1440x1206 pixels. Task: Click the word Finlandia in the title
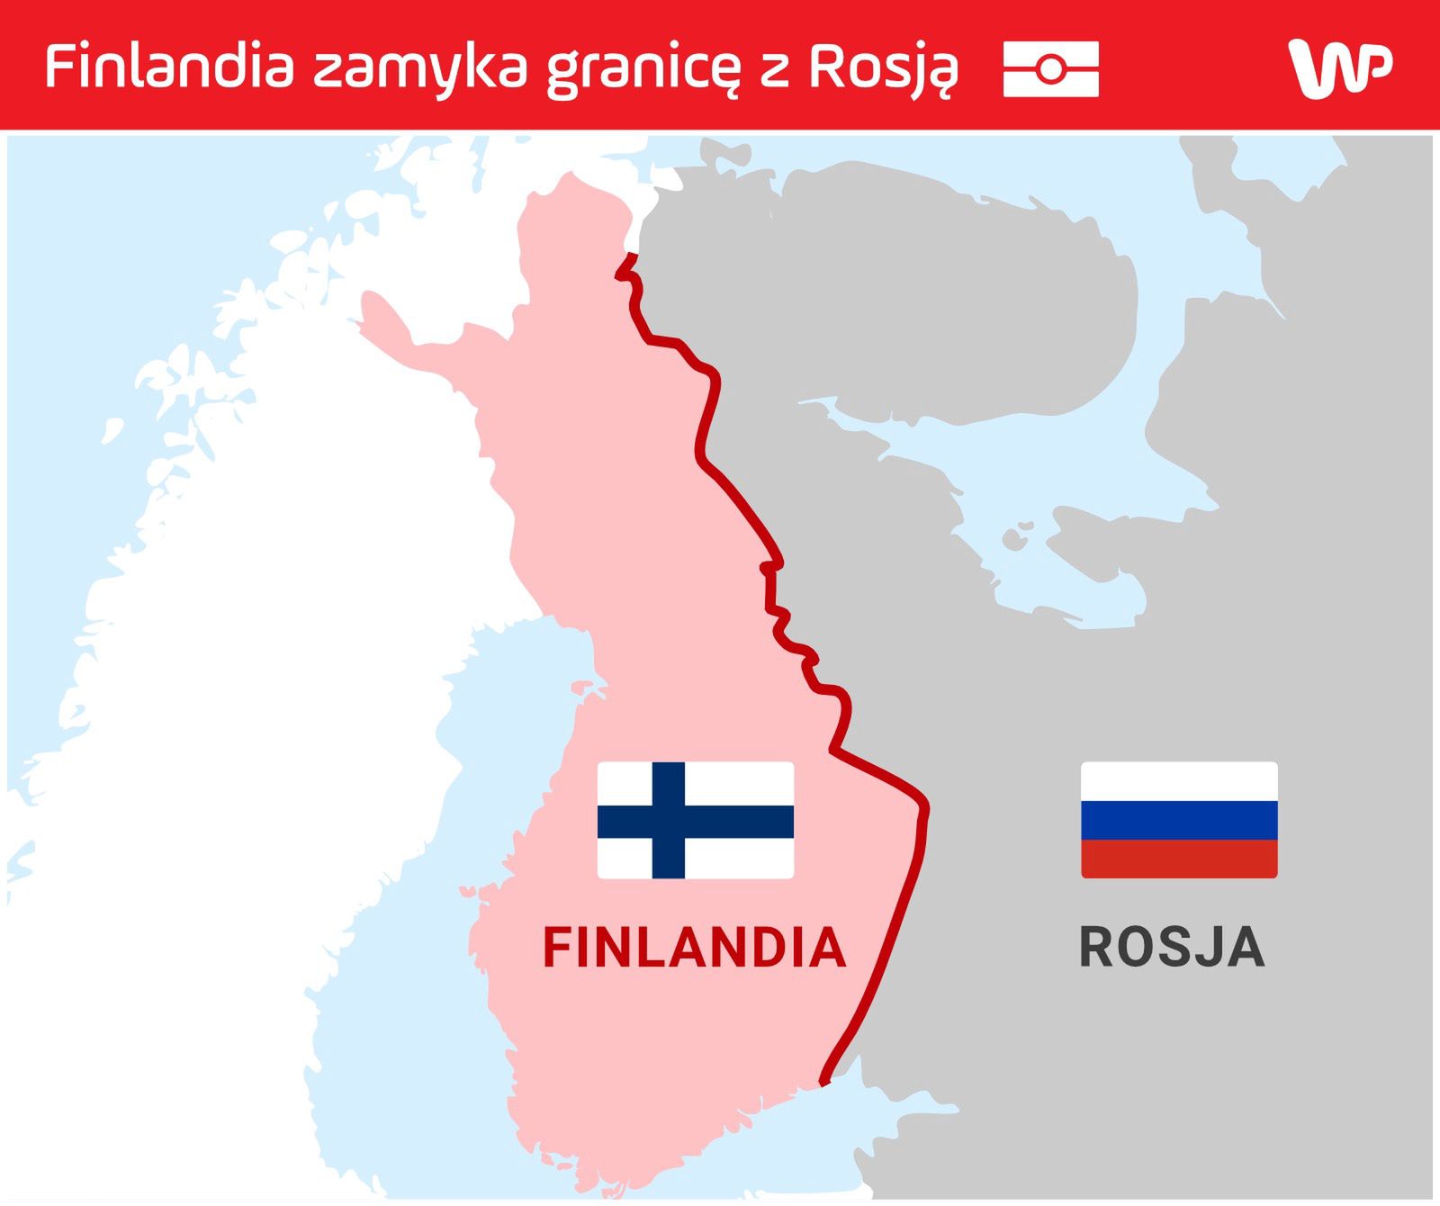pyautogui.click(x=170, y=67)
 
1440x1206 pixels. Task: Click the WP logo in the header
pyautogui.click(x=1340, y=67)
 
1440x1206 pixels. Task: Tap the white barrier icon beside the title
pyautogui.click(x=1050, y=68)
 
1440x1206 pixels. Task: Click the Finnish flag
pyautogui.click(x=696, y=820)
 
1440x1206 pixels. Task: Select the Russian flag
pyautogui.click(x=1179, y=820)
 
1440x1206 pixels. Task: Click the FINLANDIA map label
pyautogui.click(x=694, y=947)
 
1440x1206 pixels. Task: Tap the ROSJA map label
pyautogui.click(x=1172, y=947)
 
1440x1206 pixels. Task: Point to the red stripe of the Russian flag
pyautogui.click(x=1179, y=859)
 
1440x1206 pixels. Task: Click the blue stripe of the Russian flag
pyautogui.click(x=1179, y=820)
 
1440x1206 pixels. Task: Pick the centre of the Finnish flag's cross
pyautogui.click(x=668, y=821)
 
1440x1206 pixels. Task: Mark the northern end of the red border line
pyautogui.click(x=633, y=256)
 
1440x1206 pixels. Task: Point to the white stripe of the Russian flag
pyautogui.click(x=1179, y=781)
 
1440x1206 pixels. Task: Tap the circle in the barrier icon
pyautogui.click(x=1050, y=68)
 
